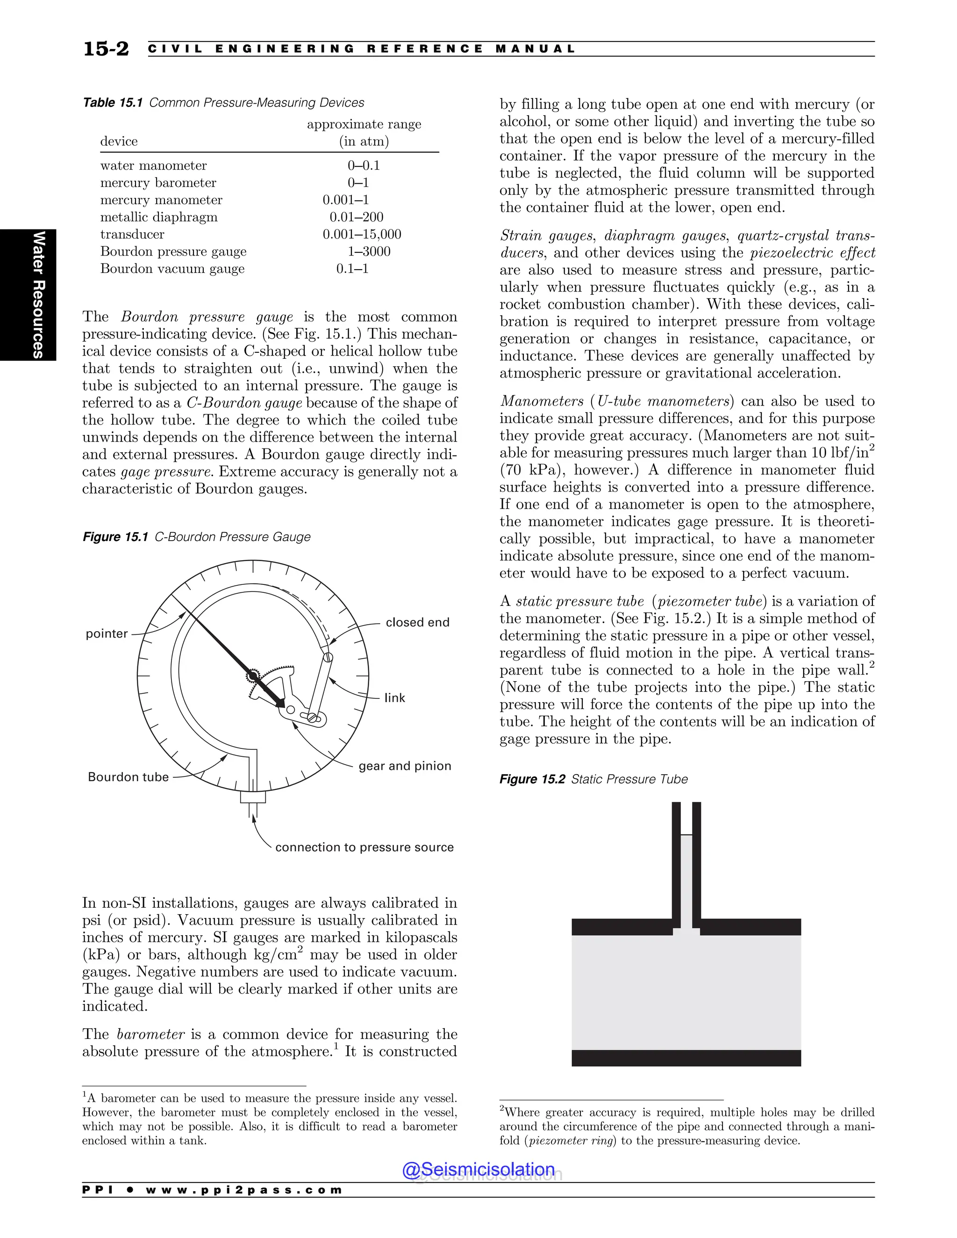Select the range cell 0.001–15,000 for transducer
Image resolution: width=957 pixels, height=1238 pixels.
click(x=362, y=234)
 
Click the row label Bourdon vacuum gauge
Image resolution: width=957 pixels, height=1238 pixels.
click(x=172, y=269)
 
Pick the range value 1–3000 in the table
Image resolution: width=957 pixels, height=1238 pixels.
click(x=369, y=252)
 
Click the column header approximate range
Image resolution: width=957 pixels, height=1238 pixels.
click(x=364, y=124)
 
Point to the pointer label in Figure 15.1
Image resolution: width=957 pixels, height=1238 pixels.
click(x=107, y=634)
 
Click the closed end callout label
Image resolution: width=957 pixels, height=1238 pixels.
click(x=417, y=622)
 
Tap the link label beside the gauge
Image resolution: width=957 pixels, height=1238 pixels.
click(x=394, y=698)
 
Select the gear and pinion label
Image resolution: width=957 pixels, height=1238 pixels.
click(x=405, y=766)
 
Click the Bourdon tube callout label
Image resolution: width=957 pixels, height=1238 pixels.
click(x=128, y=777)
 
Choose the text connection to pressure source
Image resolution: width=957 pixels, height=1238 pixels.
click(x=364, y=847)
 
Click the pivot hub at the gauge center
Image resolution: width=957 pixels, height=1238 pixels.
click(x=253, y=675)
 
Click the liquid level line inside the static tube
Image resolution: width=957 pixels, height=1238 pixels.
click(x=686, y=835)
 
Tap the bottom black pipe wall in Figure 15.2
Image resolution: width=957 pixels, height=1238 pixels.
click(x=686, y=1058)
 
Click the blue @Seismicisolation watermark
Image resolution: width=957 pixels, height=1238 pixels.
click(x=478, y=1169)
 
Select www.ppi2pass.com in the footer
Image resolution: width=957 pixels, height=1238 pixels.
click(x=244, y=1190)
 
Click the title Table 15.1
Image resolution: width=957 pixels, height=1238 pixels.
click(x=112, y=103)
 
